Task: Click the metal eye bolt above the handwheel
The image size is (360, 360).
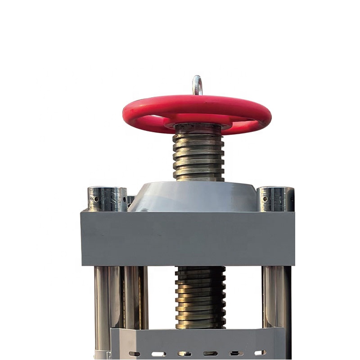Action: click(x=197, y=85)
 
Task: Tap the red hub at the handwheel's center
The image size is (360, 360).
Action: click(x=197, y=121)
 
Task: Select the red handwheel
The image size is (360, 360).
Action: click(x=135, y=112)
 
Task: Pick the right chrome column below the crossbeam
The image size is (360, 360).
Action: click(x=275, y=297)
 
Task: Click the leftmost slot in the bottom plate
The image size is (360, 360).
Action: click(x=134, y=353)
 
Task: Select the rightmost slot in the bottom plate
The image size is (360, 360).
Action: click(x=260, y=353)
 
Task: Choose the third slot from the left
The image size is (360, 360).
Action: click(x=184, y=353)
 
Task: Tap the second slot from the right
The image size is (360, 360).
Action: click(x=235, y=353)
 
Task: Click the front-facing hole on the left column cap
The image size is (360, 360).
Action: click(x=96, y=198)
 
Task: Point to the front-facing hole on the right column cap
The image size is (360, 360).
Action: click(x=265, y=198)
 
